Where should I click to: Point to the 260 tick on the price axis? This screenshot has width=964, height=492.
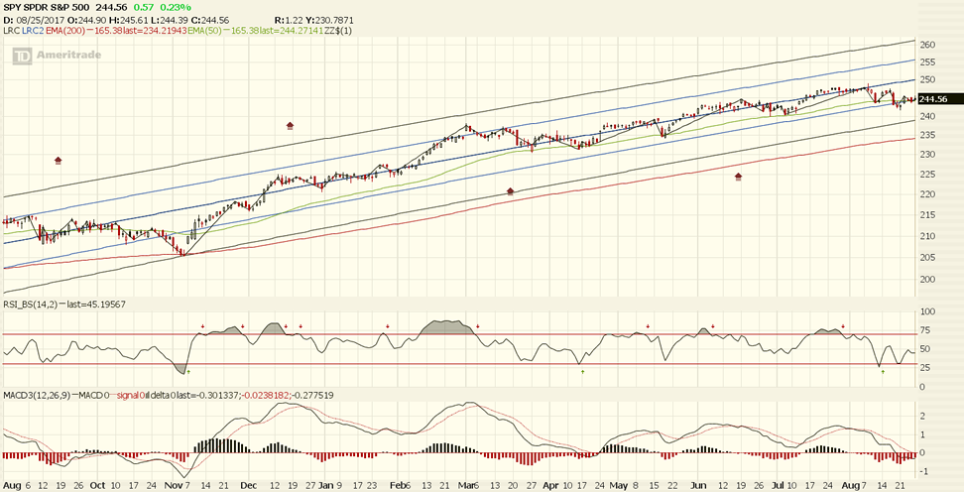click(928, 45)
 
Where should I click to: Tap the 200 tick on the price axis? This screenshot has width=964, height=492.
click(928, 280)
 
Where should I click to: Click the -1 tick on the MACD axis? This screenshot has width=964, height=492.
click(922, 472)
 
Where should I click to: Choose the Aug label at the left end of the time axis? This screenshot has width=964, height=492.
click(11, 486)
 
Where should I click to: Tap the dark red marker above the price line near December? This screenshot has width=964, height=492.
click(290, 126)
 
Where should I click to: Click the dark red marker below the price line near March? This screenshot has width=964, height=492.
click(510, 190)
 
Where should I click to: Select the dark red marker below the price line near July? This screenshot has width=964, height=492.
click(738, 177)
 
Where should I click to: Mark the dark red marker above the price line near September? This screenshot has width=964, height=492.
click(59, 160)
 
